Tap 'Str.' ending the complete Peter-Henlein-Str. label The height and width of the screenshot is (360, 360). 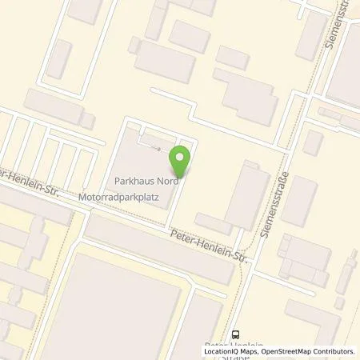coord(239,251)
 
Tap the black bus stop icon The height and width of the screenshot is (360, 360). coord(236,334)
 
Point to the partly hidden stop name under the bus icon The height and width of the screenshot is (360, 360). coord(240,345)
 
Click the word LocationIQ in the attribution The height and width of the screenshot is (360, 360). coord(225,351)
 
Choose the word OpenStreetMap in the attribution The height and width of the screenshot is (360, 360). coord(293,351)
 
